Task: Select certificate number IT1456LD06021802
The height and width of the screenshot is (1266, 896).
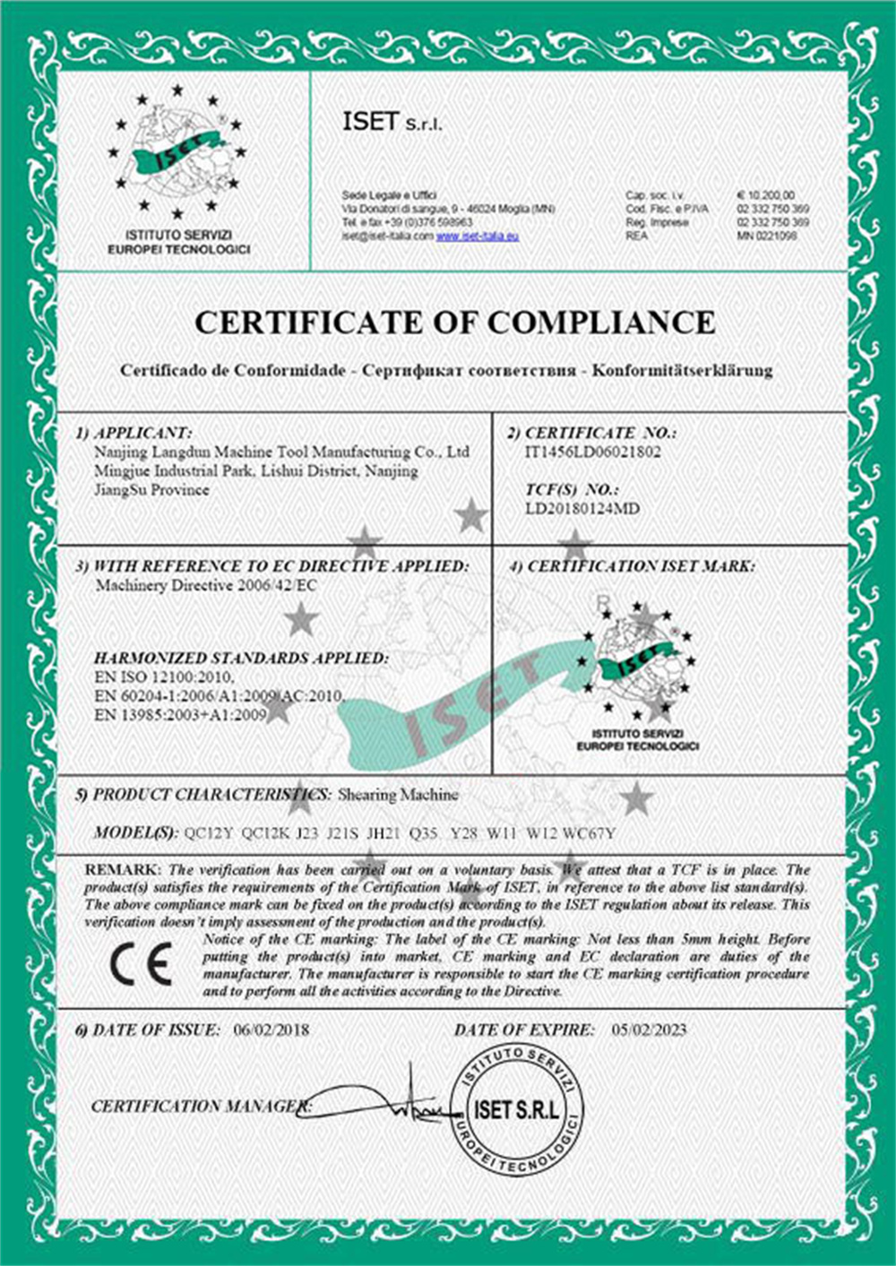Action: coord(592,452)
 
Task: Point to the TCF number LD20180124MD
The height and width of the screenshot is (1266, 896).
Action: coord(582,509)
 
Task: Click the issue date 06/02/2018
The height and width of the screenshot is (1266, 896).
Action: coord(271,1029)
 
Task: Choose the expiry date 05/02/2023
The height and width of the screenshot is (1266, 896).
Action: coord(650,1029)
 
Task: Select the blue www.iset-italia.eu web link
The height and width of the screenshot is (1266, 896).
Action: coord(478,236)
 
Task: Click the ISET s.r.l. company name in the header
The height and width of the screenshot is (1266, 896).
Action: coord(392,123)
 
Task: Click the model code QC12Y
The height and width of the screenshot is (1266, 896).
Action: coord(208,834)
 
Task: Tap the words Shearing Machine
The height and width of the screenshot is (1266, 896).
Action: coord(398,795)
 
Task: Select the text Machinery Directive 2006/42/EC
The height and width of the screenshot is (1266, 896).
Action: coord(205,586)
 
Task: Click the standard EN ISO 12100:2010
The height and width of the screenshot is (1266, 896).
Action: coord(163,677)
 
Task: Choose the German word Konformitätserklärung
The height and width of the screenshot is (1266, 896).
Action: coord(683,370)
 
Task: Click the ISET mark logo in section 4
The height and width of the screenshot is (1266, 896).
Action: coord(638,667)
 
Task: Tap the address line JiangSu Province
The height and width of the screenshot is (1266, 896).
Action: coord(151,490)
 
